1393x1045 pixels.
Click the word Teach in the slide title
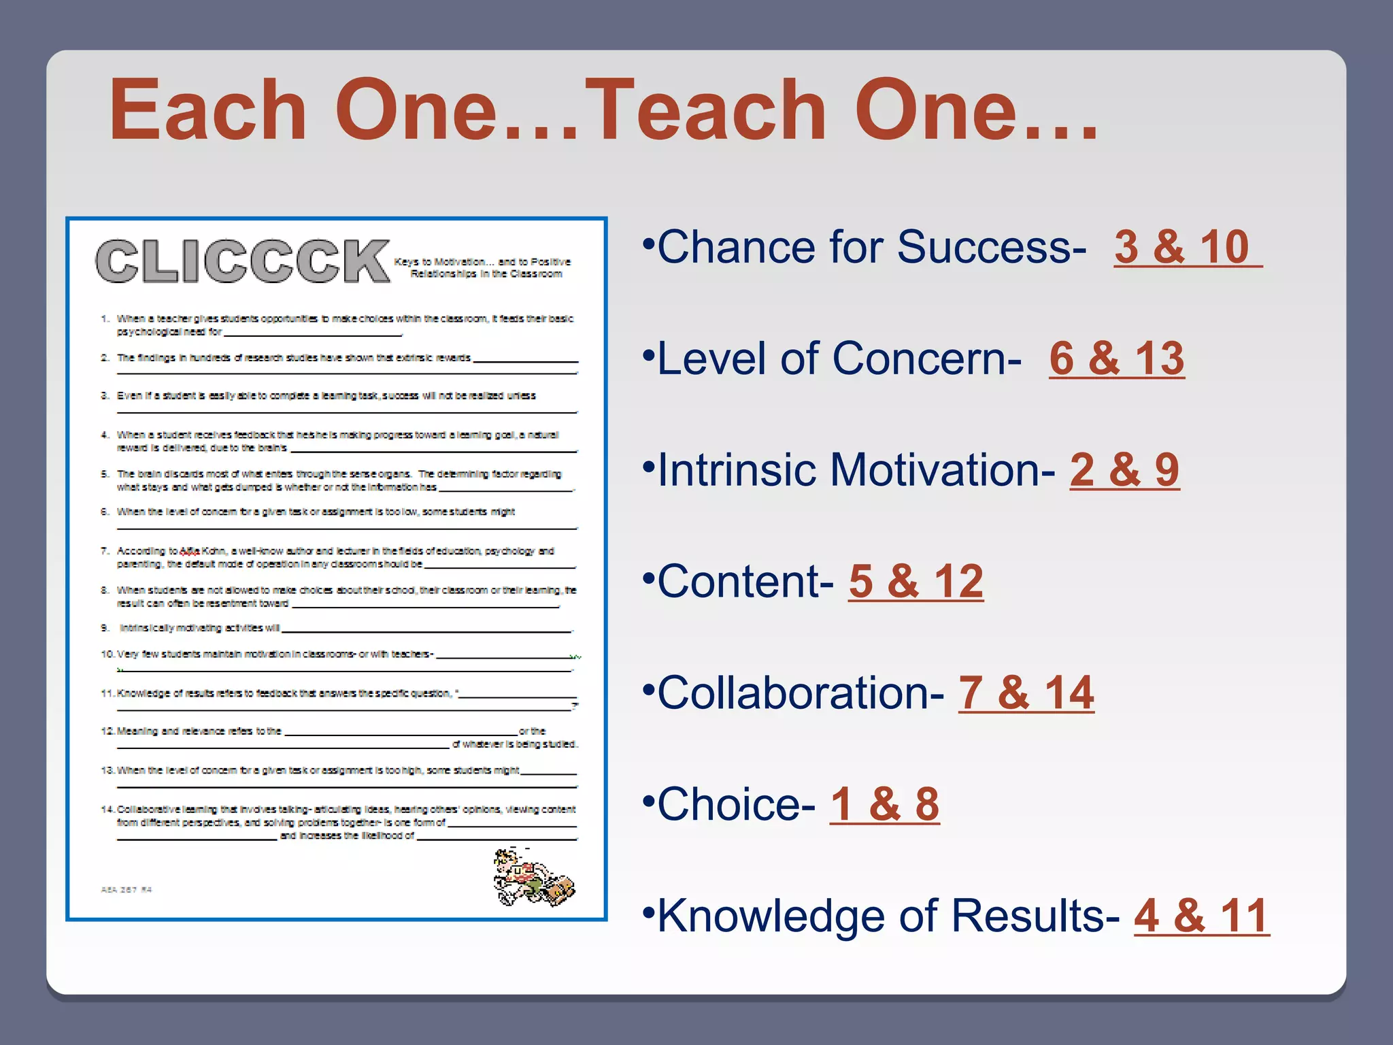(x=711, y=110)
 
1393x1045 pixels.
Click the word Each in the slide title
(x=207, y=110)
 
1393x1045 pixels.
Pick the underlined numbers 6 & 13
(x=1116, y=358)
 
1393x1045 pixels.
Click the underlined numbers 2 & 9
(x=1124, y=469)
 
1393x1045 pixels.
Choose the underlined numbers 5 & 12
(x=916, y=581)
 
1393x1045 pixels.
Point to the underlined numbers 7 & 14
(x=1026, y=693)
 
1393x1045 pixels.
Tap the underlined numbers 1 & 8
(x=884, y=804)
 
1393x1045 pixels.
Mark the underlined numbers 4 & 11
(x=1201, y=916)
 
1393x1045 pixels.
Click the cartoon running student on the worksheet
(x=533, y=877)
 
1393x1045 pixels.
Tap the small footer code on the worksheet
(x=127, y=889)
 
